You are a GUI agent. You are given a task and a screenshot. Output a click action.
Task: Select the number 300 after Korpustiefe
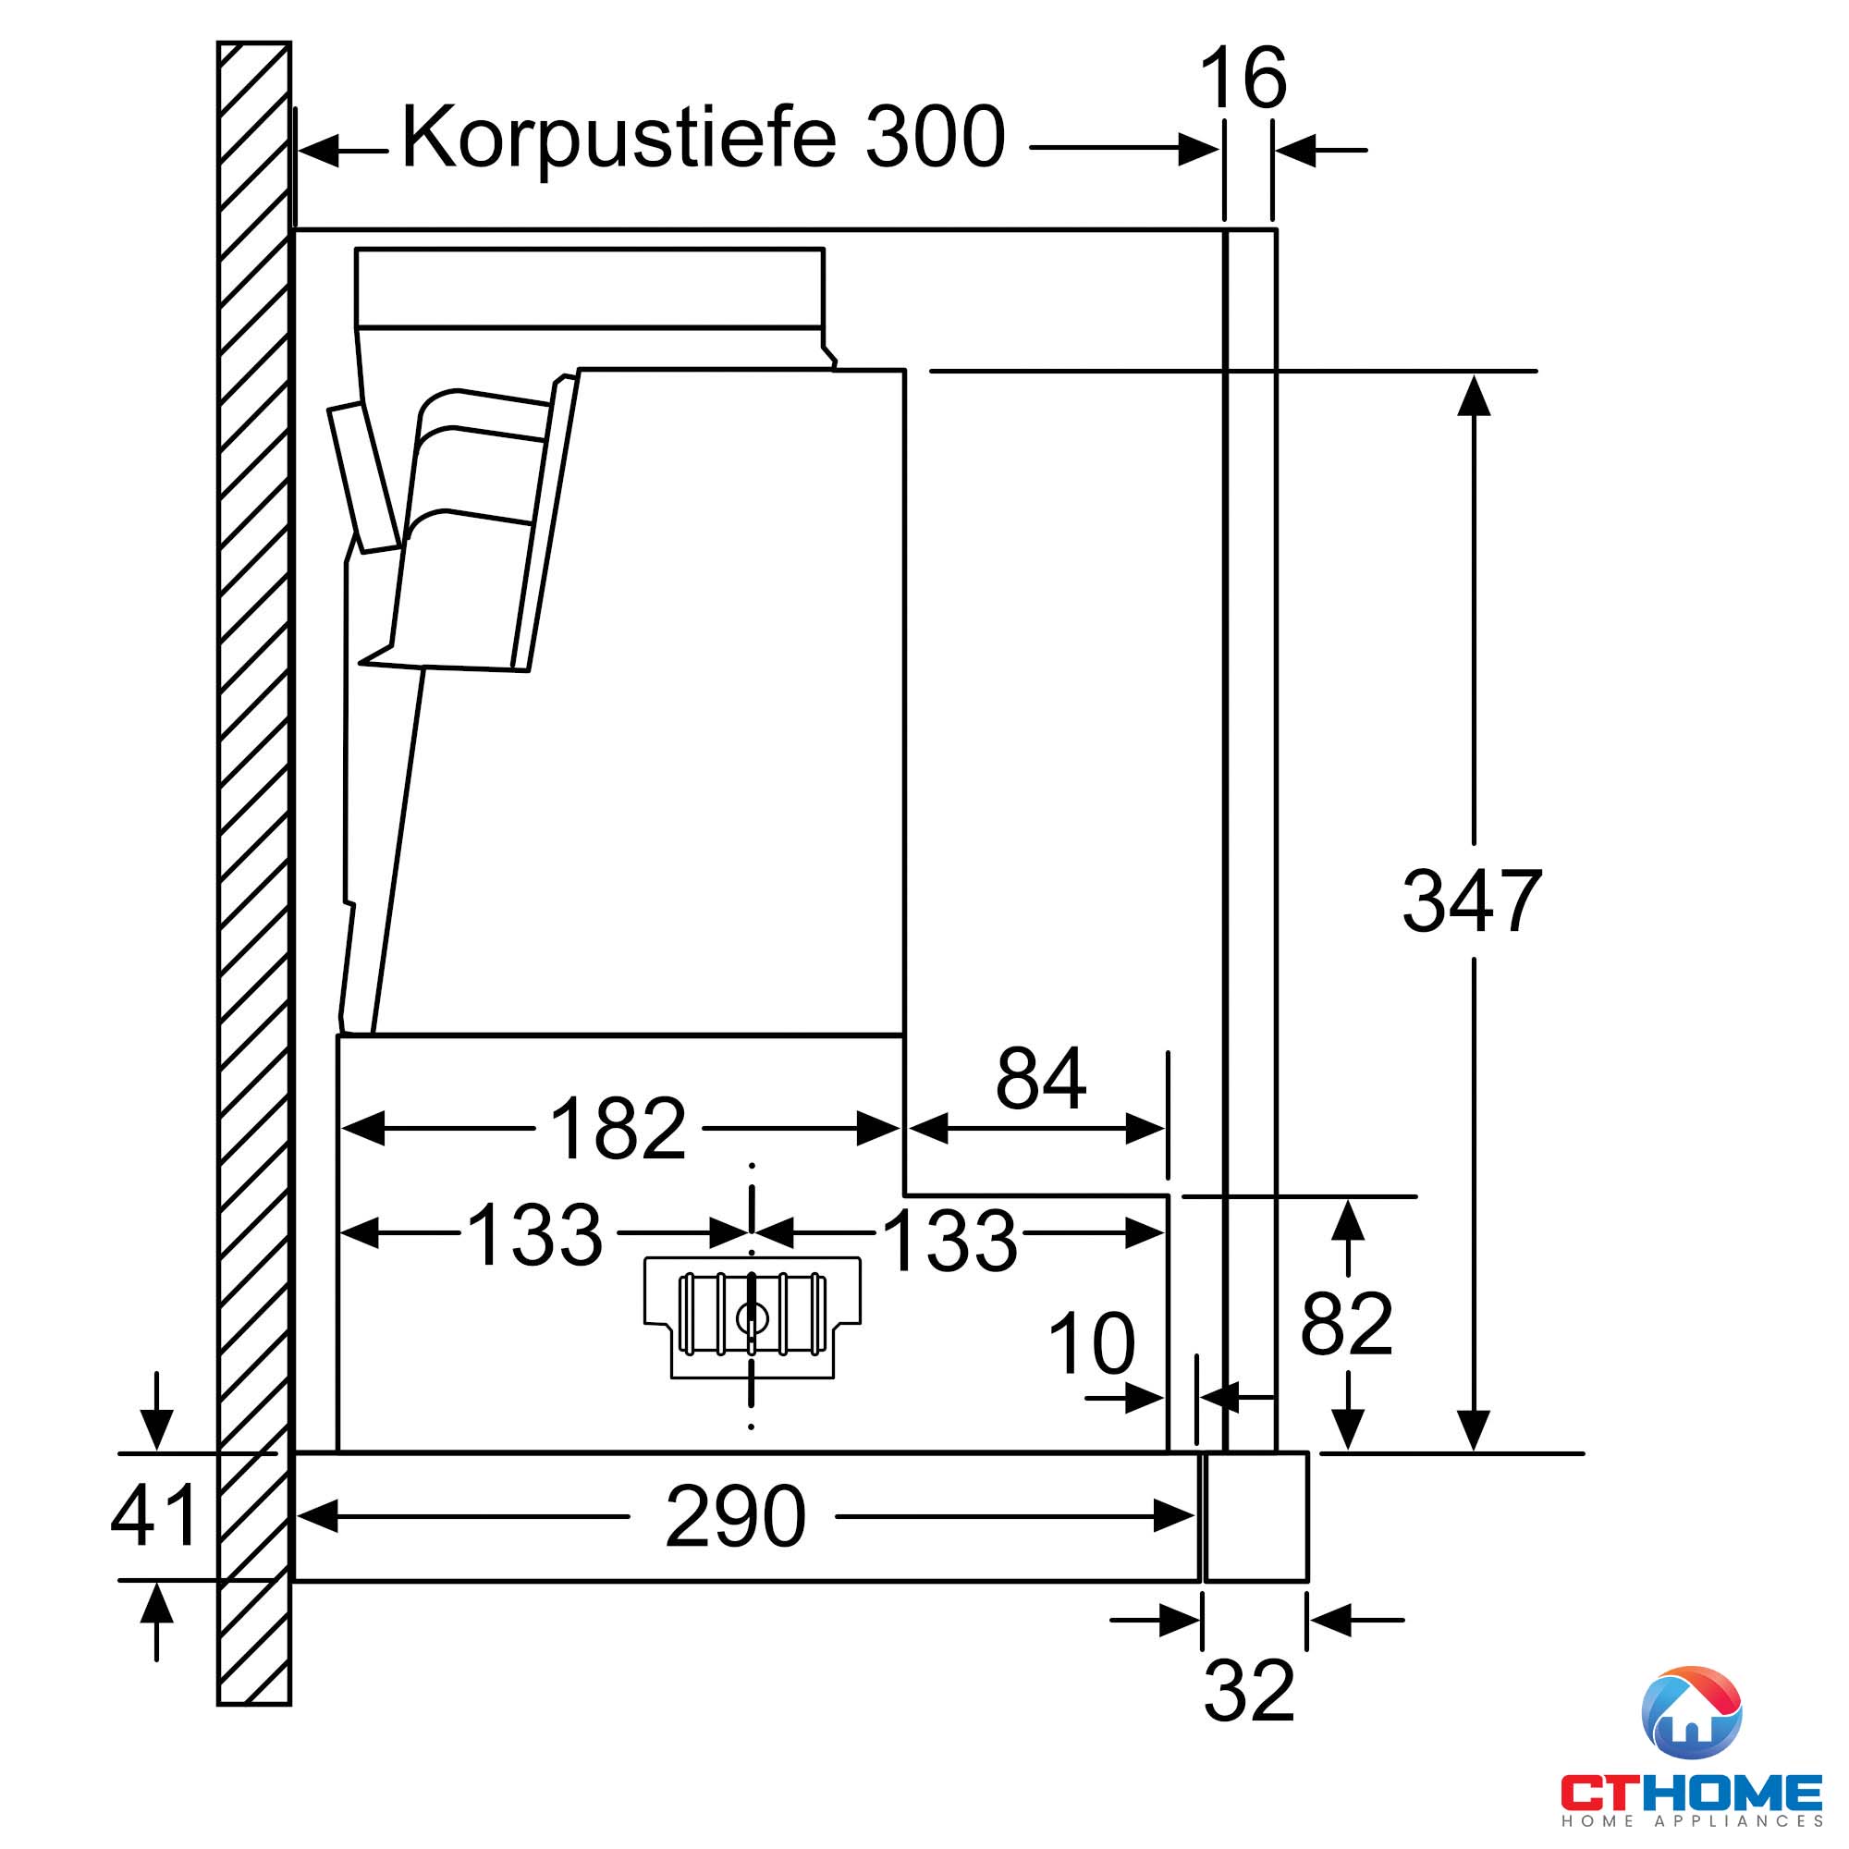(935, 137)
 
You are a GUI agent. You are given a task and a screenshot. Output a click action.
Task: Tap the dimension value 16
(1243, 78)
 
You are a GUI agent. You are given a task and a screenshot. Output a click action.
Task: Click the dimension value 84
(1040, 1079)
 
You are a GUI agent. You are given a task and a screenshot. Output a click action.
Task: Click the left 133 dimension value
(535, 1234)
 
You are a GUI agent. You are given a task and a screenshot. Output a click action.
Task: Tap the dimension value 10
(1092, 1342)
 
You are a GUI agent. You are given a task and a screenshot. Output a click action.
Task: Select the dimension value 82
(1347, 1324)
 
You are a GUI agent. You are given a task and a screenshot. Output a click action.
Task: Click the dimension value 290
(735, 1516)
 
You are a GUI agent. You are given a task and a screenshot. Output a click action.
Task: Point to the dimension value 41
(153, 1515)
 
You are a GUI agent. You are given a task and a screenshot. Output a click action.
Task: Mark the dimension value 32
(1249, 1691)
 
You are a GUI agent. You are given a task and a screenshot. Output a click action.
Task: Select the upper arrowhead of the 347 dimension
(1474, 396)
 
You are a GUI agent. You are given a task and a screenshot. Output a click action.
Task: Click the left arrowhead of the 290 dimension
(318, 1516)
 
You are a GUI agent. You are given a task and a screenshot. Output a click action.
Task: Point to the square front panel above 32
(1255, 1516)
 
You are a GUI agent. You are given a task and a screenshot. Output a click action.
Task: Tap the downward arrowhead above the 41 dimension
(157, 1430)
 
